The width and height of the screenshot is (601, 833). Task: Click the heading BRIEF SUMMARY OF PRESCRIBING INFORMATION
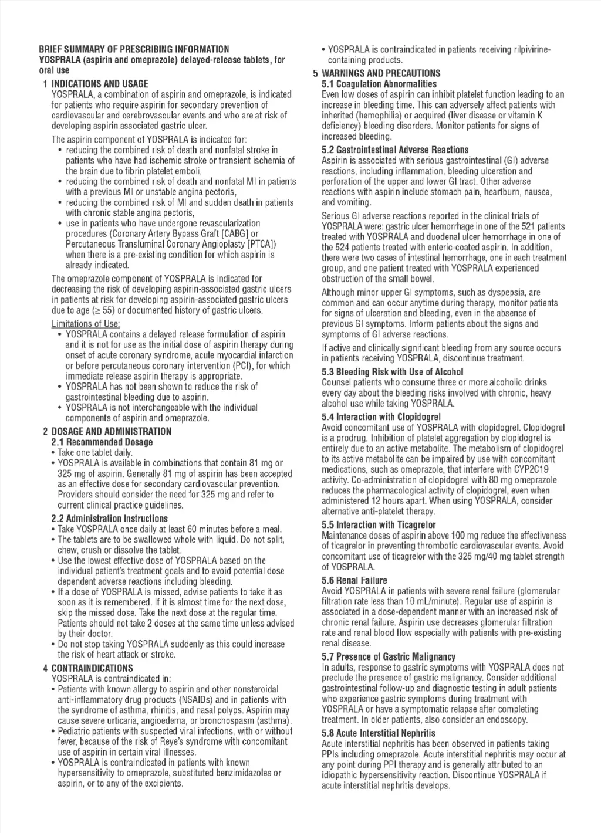[x=134, y=49]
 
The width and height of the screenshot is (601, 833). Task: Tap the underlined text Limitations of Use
[x=86, y=324]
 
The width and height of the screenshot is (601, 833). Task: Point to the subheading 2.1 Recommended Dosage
[x=102, y=442]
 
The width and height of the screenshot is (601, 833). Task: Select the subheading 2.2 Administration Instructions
[x=110, y=519]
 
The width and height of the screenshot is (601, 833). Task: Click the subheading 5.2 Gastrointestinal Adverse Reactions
[x=395, y=150]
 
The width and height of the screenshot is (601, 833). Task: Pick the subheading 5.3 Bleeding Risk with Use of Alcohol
[x=393, y=372]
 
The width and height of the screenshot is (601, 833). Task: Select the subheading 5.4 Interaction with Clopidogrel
[x=381, y=417]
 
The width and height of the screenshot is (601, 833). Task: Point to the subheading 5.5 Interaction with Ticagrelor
[x=379, y=525]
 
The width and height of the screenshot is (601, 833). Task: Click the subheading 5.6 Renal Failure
[x=354, y=580]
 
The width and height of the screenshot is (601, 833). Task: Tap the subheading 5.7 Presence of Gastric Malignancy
[x=389, y=657]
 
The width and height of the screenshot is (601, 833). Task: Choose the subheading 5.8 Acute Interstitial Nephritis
[x=379, y=733]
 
